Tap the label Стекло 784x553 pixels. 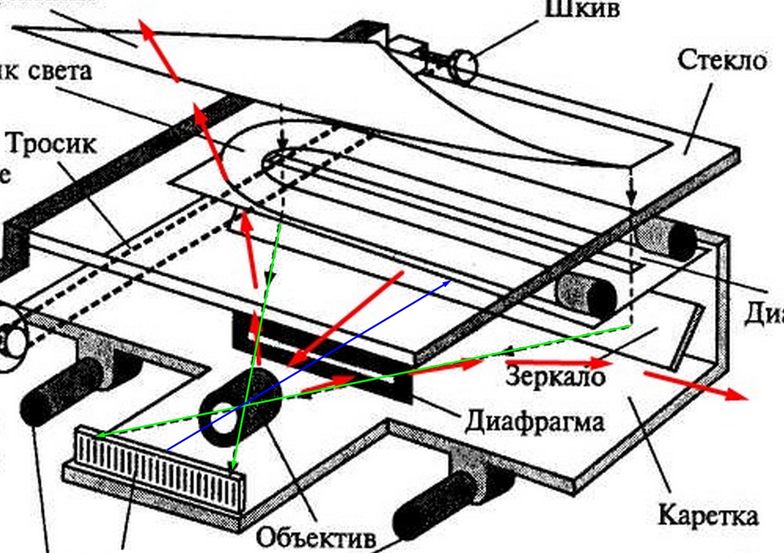tap(722, 62)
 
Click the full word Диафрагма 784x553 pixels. tap(534, 419)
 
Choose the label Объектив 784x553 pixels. tap(317, 538)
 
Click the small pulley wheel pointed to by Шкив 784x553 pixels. tap(464, 66)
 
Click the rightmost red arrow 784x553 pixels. tap(695, 384)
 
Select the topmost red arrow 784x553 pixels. tap(158, 51)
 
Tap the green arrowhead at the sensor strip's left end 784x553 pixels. tap(99, 434)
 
